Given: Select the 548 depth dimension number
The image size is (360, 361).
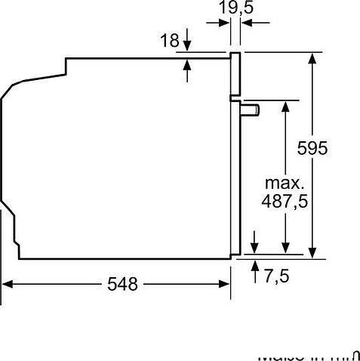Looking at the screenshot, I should point(123,284).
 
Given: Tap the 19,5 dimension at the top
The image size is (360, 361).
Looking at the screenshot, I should point(236,8).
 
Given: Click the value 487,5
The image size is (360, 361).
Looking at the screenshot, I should point(285,202).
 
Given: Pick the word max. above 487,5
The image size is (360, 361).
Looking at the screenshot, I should point(285,183).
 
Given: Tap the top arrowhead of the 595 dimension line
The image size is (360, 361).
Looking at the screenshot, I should point(312,58).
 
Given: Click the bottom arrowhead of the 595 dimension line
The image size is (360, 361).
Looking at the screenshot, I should point(312,252).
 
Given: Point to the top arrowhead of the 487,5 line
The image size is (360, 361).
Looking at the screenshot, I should point(285,105).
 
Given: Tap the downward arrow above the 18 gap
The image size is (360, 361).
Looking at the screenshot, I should point(186,47).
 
